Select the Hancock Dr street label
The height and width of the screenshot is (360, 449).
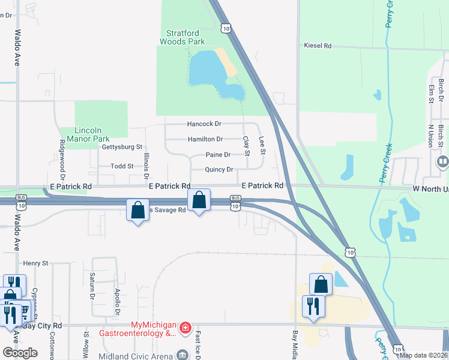tap(204, 124)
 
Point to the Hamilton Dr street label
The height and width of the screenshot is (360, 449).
tap(205, 139)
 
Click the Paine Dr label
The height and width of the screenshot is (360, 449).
tap(218, 155)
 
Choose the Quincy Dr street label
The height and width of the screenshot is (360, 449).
tap(218, 169)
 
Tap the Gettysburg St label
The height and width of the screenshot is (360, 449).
tap(122, 146)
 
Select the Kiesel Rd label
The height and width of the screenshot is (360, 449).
tap(318, 46)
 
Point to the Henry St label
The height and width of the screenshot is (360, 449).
tap(35, 263)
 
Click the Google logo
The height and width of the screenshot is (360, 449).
tap(20, 352)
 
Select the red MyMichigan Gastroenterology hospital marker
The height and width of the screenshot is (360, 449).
tap(185, 328)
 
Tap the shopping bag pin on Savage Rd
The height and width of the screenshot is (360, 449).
tap(137, 210)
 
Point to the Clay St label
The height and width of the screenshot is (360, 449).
tap(246, 146)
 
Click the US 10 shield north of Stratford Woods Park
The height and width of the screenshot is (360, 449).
tap(225, 28)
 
